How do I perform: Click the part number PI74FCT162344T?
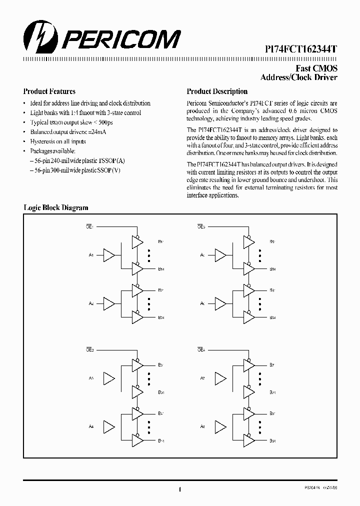[300, 49]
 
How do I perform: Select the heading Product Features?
[49, 91]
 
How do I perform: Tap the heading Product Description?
[217, 91]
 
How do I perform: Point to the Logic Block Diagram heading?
[56, 207]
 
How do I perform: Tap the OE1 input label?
[90, 227]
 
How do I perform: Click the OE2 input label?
[201, 227]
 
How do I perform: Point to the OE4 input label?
[201, 350]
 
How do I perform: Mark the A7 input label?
[202, 378]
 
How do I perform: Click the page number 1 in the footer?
[179, 489]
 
